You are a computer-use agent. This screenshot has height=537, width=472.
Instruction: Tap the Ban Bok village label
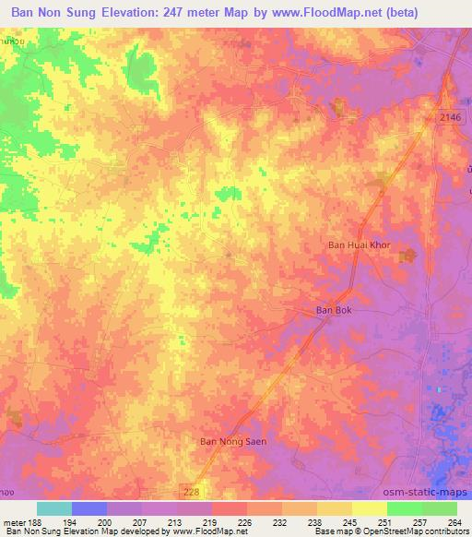pyautogui.click(x=334, y=311)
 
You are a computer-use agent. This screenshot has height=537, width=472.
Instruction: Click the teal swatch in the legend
pyautogui.click(x=54, y=508)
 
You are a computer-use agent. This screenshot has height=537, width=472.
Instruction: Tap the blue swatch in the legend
pyautogui.click(x=89, y=508)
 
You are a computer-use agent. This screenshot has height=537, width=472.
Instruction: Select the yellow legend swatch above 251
pyautogui.click(x=369, y=508)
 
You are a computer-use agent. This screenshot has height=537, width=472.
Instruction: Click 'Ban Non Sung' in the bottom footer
pyautogui.click(x=29, y=531)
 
